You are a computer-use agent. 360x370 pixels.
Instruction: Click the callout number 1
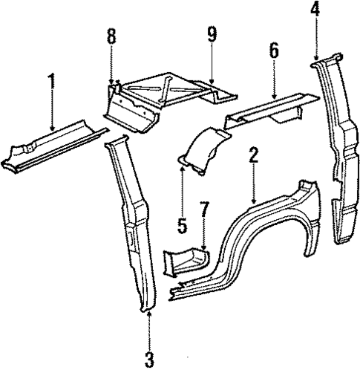[x=51, y=79]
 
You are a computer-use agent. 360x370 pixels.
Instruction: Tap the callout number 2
[x=254, y=155]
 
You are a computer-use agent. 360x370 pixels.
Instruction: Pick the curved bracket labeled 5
[x=202, y=152]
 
